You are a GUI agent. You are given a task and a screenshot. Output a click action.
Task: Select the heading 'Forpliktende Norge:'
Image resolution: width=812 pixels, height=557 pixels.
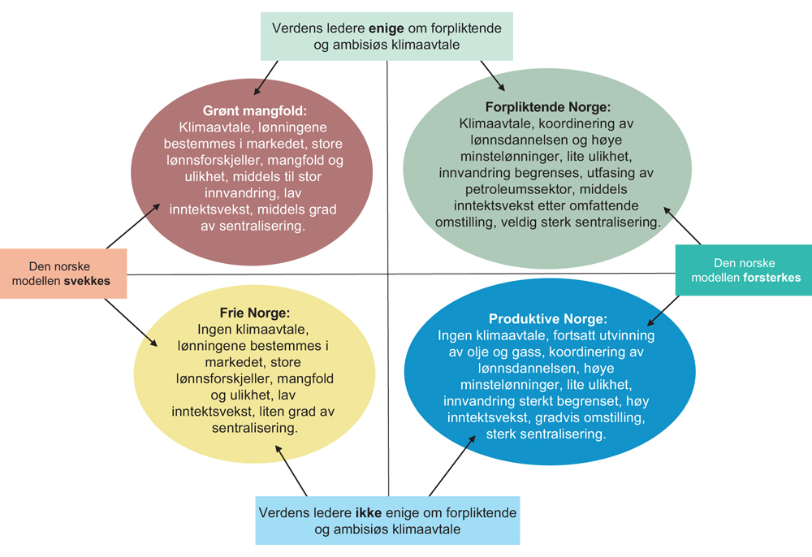point(547,107)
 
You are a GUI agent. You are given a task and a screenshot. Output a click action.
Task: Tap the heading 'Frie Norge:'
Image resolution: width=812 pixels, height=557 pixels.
point(255,313)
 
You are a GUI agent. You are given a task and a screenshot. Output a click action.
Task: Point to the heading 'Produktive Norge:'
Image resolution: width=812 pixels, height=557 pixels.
point(547,319)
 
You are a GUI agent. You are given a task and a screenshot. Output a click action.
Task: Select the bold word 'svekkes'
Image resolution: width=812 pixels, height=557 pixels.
point(87,280)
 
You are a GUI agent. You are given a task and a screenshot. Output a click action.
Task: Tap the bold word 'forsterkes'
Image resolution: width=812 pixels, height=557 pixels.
point(770,278)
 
